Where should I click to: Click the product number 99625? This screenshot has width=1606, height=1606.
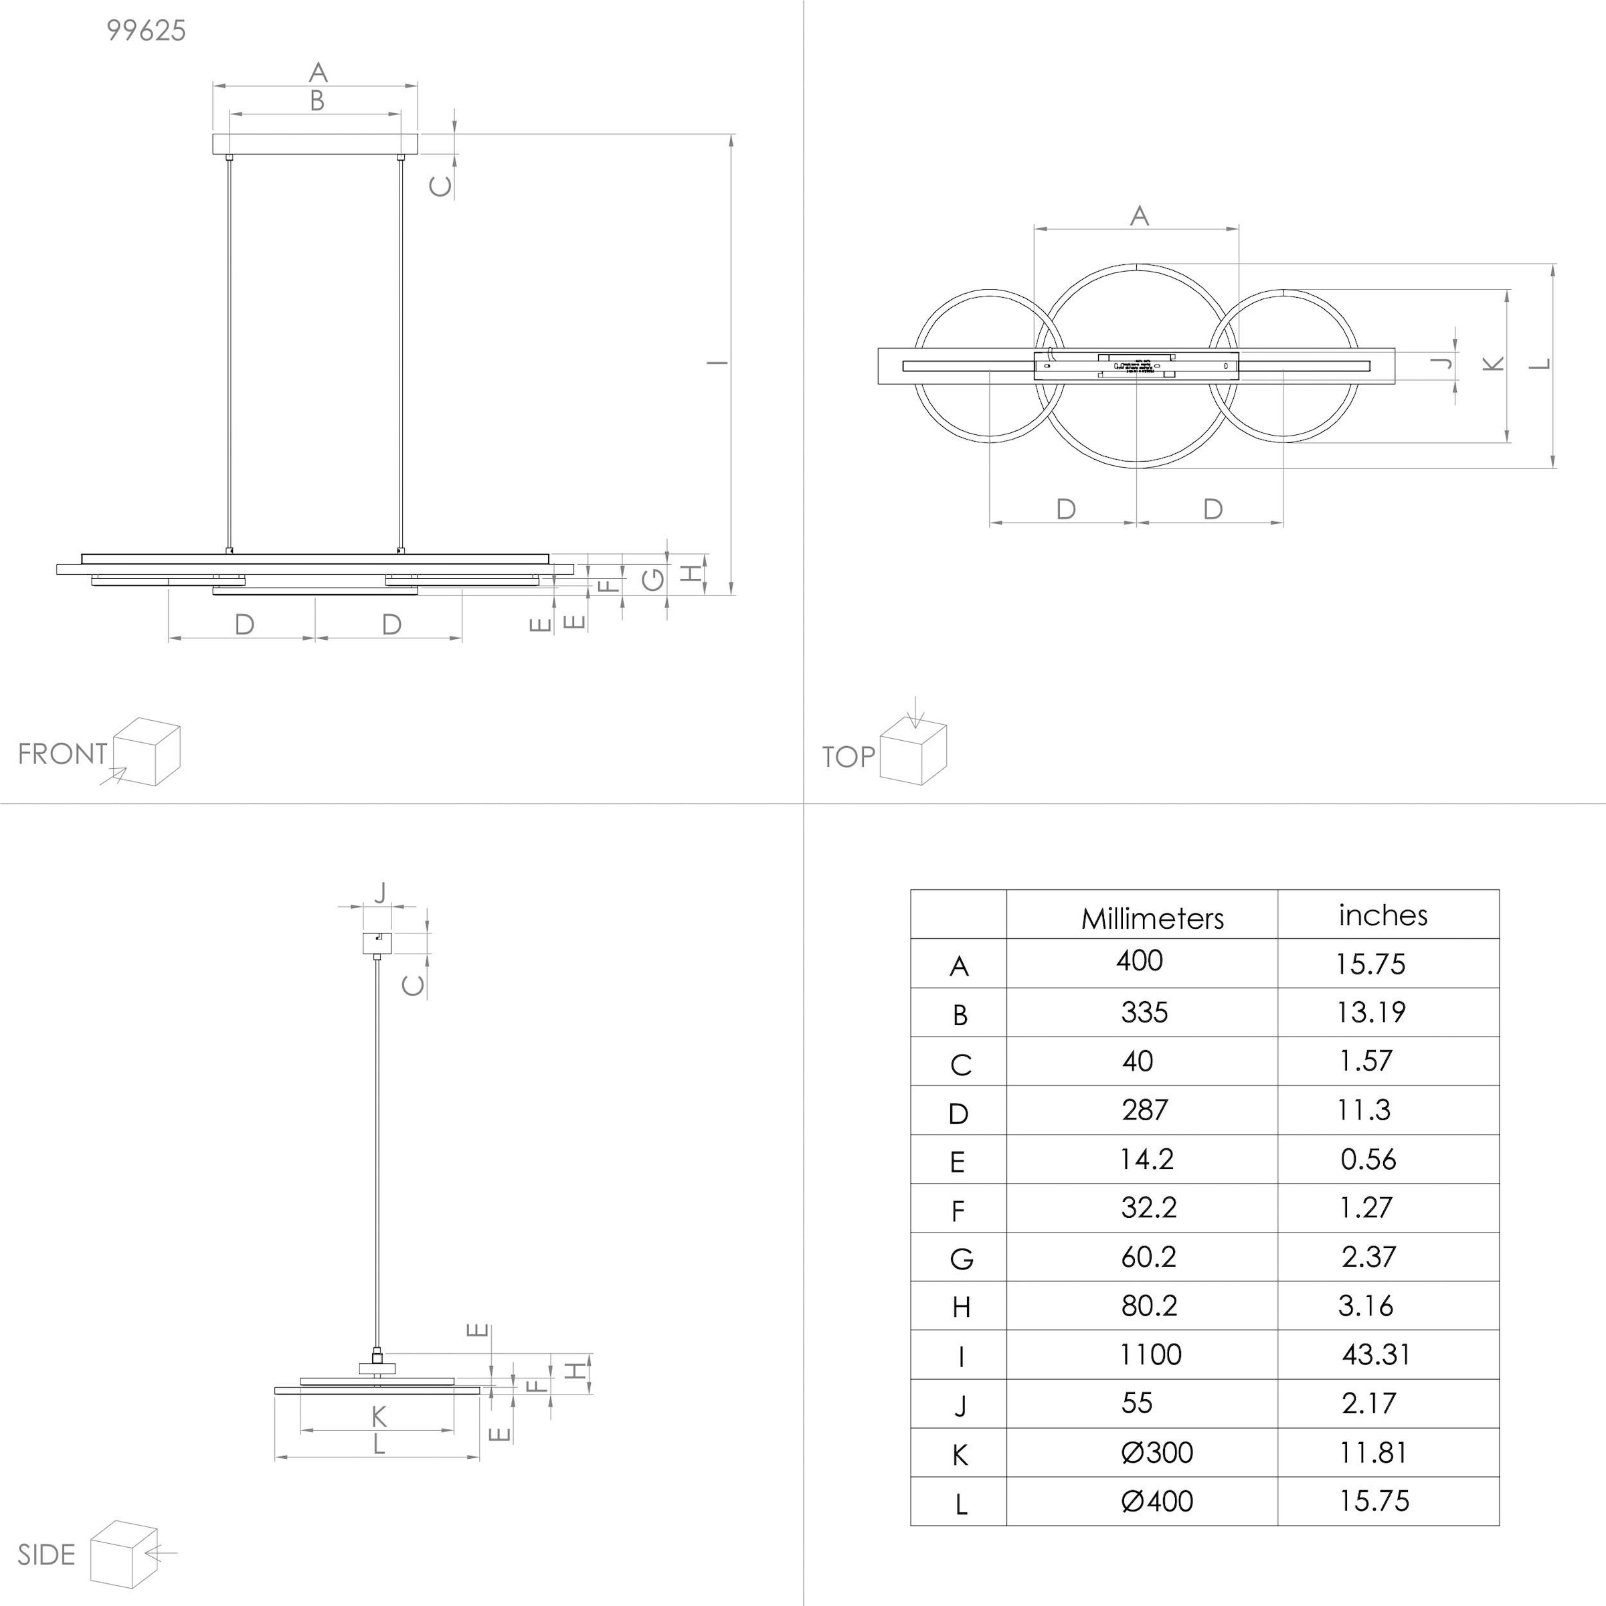pos(147,31)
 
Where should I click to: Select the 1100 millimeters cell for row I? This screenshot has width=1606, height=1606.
pos(1150,1355)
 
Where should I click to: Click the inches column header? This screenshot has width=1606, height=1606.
pos(1382,915)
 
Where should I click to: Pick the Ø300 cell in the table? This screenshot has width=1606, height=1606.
pos(1156,1453)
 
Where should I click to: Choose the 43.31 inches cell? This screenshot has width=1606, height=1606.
pos(1376,1355)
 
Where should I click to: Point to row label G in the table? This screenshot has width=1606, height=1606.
pos(961,1259)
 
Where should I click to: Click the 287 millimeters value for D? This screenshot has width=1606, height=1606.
pos(1145,1109)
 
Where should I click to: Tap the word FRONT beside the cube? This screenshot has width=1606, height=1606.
pos(62,754)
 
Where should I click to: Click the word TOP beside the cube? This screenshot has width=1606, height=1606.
pos(848,756)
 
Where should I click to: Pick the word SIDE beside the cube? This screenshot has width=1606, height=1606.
pos(47,1554)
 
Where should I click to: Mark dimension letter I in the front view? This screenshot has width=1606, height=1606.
pos(717,363)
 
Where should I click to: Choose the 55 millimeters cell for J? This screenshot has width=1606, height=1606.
pos(1136,1403)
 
